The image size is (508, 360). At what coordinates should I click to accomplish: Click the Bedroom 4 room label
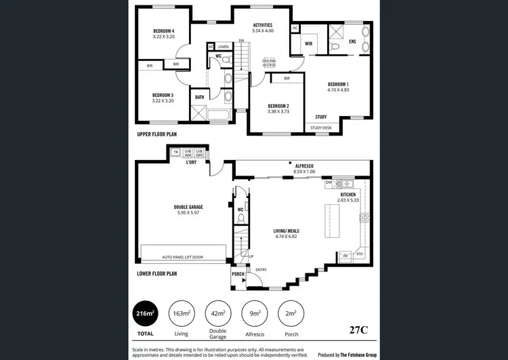click(163, 31)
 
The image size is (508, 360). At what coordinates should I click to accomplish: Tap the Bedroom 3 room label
click(163, 95)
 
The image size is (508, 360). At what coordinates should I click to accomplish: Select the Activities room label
click(262, 25)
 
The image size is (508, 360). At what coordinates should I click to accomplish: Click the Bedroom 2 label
click(278, 106)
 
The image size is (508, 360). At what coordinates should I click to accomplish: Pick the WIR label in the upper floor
click(308, 43)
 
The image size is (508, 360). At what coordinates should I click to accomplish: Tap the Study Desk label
click(320, 127)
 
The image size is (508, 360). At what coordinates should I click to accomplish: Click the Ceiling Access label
click(273, 63)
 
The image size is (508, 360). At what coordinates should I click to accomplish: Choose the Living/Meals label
click(289, 231)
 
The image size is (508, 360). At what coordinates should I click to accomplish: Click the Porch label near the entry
click(238, 274)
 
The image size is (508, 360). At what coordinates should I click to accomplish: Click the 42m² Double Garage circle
click(219, 313)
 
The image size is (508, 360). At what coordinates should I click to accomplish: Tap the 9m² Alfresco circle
click(255, 313)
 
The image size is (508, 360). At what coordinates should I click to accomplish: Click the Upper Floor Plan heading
click(157, 135)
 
